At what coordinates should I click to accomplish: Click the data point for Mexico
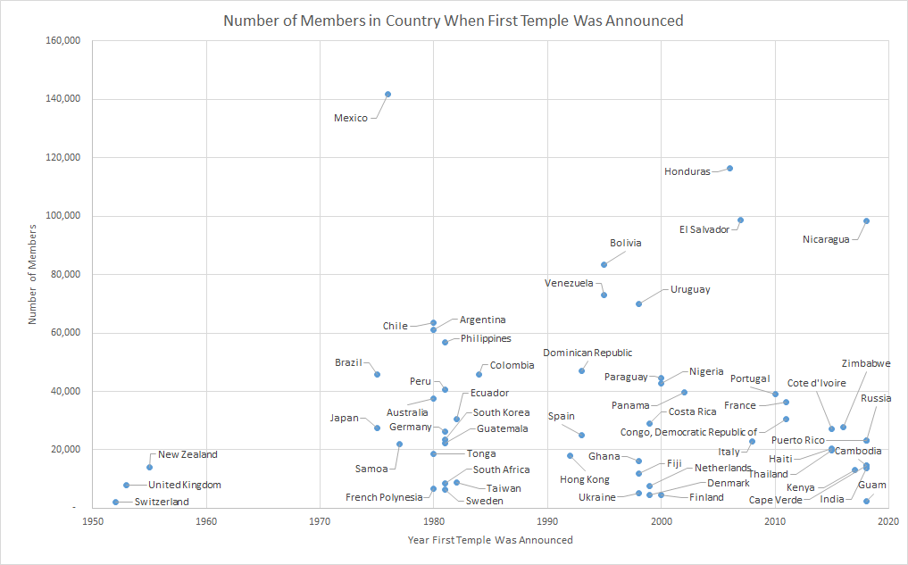(x=387, y=94)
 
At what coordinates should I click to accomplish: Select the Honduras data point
(x=729, y=168)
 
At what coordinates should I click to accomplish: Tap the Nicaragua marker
(x=866, y=220)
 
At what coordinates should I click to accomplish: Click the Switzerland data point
(x=115, y=502)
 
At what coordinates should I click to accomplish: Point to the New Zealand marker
(x=149, y=467)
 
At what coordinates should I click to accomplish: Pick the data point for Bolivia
(x=604, y=264)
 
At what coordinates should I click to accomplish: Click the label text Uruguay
(x=690, y=289)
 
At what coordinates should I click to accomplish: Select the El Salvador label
(x=704, y=229)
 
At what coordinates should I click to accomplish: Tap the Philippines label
(x=486, y=338)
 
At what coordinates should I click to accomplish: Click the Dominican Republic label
(x=587, y=353)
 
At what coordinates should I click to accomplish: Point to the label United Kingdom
(x=184, y=485)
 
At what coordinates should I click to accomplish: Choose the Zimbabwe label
(x=866, y=363)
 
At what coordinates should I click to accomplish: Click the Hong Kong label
(x=585, y=479)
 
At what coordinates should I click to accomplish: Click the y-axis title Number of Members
(x=33, y=274)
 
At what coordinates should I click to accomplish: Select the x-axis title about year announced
(x=490, y=540)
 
